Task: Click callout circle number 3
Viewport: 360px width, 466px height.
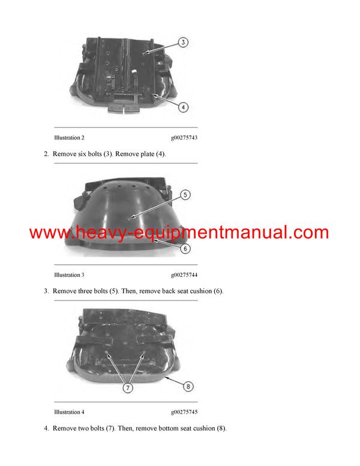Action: click(184, 42)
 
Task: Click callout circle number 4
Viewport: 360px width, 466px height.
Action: click(184, 107)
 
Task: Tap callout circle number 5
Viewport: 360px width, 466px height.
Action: click(185, 195)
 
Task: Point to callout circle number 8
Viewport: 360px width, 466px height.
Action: click(188, 386)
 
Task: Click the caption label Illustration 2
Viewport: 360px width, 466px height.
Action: click(69, 138)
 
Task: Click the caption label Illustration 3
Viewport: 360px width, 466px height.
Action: click(69, 275)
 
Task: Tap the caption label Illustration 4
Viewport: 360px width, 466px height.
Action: click(69, 412)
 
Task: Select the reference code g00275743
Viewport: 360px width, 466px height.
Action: click(184, 138)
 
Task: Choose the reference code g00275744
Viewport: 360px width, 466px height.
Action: click(184, 275)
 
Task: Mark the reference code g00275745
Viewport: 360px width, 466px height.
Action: click(184, 412)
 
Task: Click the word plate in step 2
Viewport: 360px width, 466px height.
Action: click(147, 154)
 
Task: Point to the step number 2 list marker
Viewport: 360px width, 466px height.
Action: click(46, 154)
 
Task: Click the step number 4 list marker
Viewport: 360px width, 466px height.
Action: click(46, 428)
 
